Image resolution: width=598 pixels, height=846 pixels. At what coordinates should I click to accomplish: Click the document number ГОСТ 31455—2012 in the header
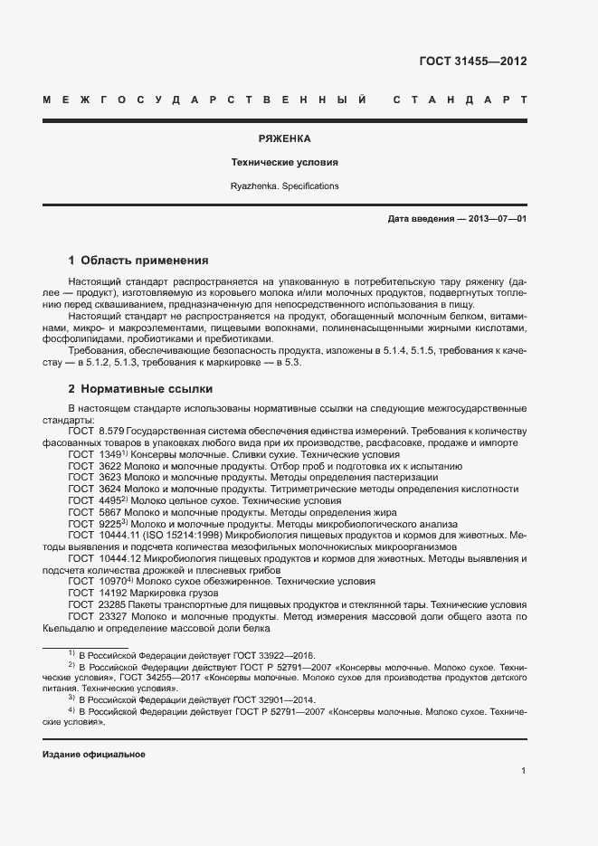(x=472, y=62)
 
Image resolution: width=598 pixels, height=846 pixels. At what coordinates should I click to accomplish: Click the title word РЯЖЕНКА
(x=284, y=139)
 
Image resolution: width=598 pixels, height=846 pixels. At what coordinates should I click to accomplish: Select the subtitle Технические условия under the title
(x=284, y=163)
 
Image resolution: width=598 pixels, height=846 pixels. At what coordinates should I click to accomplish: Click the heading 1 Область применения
(x=138, y=260)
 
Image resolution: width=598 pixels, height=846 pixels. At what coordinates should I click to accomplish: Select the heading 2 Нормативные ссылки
(x=140, y=389)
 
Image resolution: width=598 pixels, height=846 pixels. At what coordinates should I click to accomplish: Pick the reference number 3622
(x=109, y=465)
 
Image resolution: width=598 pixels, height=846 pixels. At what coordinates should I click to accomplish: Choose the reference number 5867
(x=109, y=512)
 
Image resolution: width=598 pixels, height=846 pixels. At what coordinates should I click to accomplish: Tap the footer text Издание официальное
(x=94, y=755)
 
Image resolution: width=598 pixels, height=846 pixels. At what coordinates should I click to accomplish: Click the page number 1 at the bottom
(x=524, y=771)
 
